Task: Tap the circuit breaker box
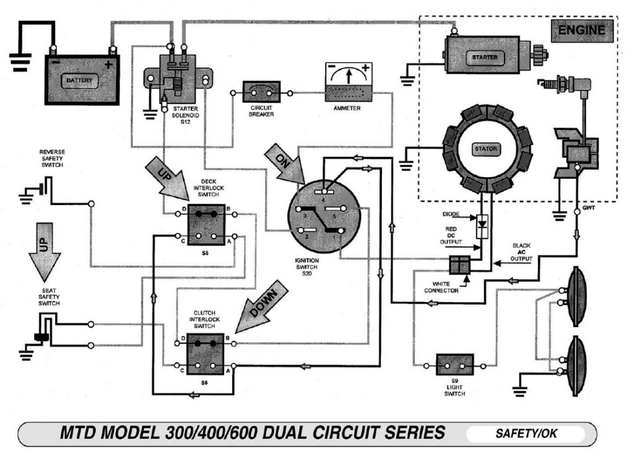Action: pos(261,93)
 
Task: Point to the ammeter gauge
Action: pos(349,83)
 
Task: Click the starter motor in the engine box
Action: pos(489,57)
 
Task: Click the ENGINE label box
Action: pos(581,29)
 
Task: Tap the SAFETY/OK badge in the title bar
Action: pos(525,434)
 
